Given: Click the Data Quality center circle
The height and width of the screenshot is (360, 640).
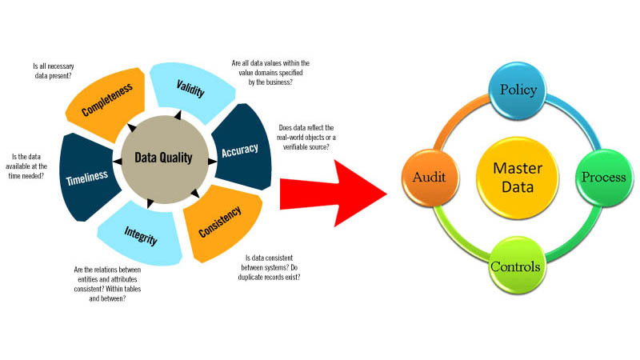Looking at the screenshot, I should point(164,158).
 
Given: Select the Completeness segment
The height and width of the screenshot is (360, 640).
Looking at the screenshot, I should point(106,101).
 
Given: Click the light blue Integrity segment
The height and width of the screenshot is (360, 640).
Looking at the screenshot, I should point(141,237).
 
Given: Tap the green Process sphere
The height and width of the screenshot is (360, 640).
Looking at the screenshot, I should point(602,176).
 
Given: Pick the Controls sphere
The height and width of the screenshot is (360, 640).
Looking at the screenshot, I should point(514,265).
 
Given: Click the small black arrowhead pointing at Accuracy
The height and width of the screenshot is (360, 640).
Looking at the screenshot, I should point(211,162).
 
